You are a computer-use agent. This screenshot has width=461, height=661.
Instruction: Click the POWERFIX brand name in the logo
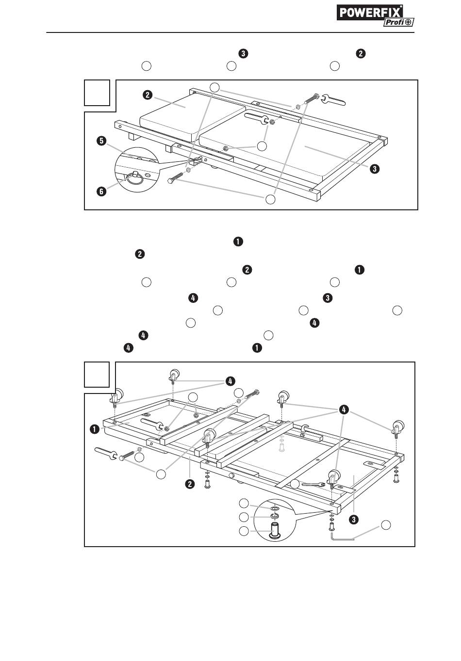click(370, 13)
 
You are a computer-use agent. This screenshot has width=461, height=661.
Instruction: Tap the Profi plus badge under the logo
click(399, 22)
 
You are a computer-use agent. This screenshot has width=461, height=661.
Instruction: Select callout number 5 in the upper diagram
click(101, 141)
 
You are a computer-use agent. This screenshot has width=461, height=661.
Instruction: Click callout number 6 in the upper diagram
click(101, 191)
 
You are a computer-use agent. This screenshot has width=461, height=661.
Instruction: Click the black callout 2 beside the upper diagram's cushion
click(148, 95)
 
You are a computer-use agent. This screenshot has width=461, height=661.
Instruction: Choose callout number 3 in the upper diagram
click(375, 169)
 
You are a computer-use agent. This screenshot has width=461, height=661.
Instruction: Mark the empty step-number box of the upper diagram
click(97, 93)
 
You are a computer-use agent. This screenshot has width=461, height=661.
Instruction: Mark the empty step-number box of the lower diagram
click(97, 375)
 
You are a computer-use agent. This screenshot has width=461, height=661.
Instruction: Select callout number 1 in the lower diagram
click(95, 429)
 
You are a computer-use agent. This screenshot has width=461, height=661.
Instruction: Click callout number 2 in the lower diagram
click(190, 484)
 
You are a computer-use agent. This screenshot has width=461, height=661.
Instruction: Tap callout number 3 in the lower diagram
click(354, 519)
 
